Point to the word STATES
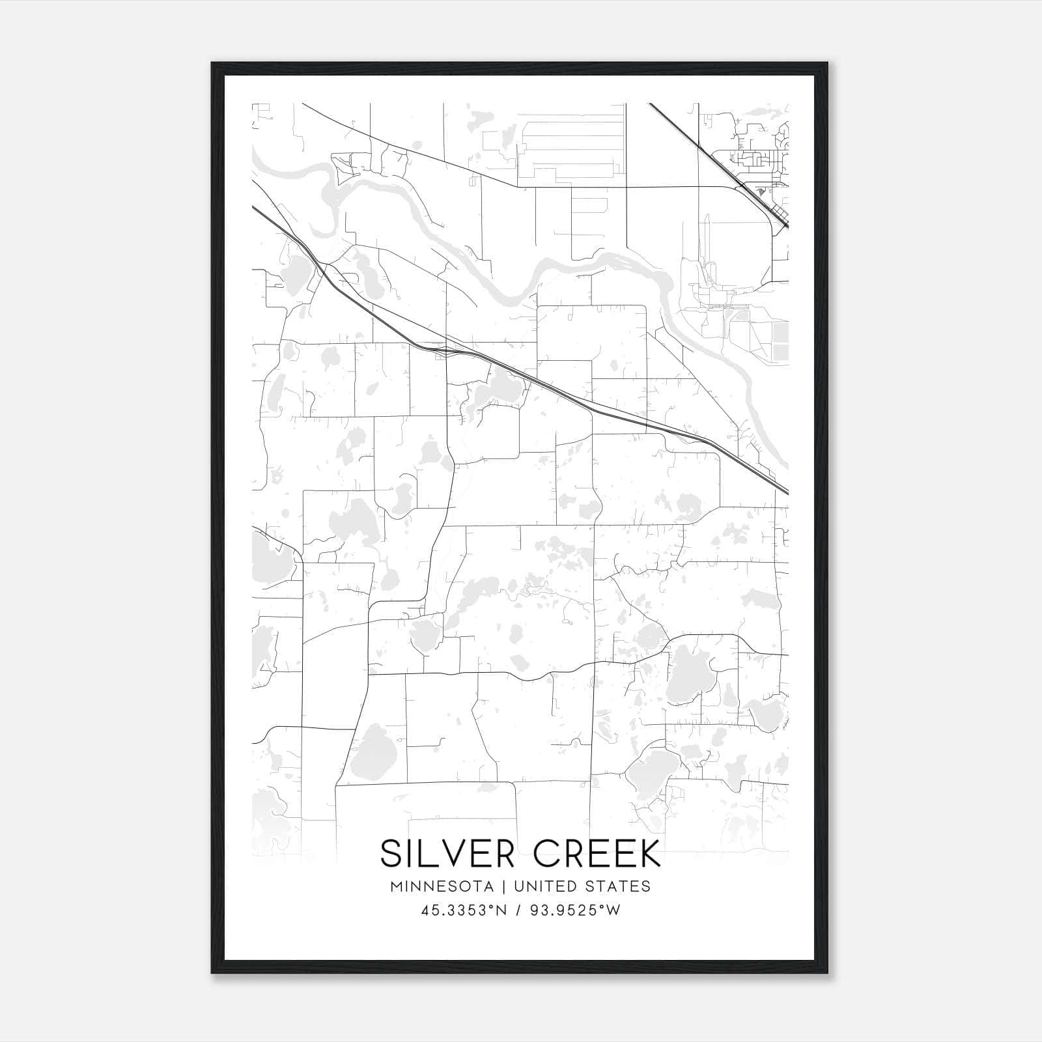(x=616, y=886)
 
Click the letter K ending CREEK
(x=648, y=853)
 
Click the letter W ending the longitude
(x=613, y=910)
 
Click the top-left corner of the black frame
(x=212, y=64)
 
